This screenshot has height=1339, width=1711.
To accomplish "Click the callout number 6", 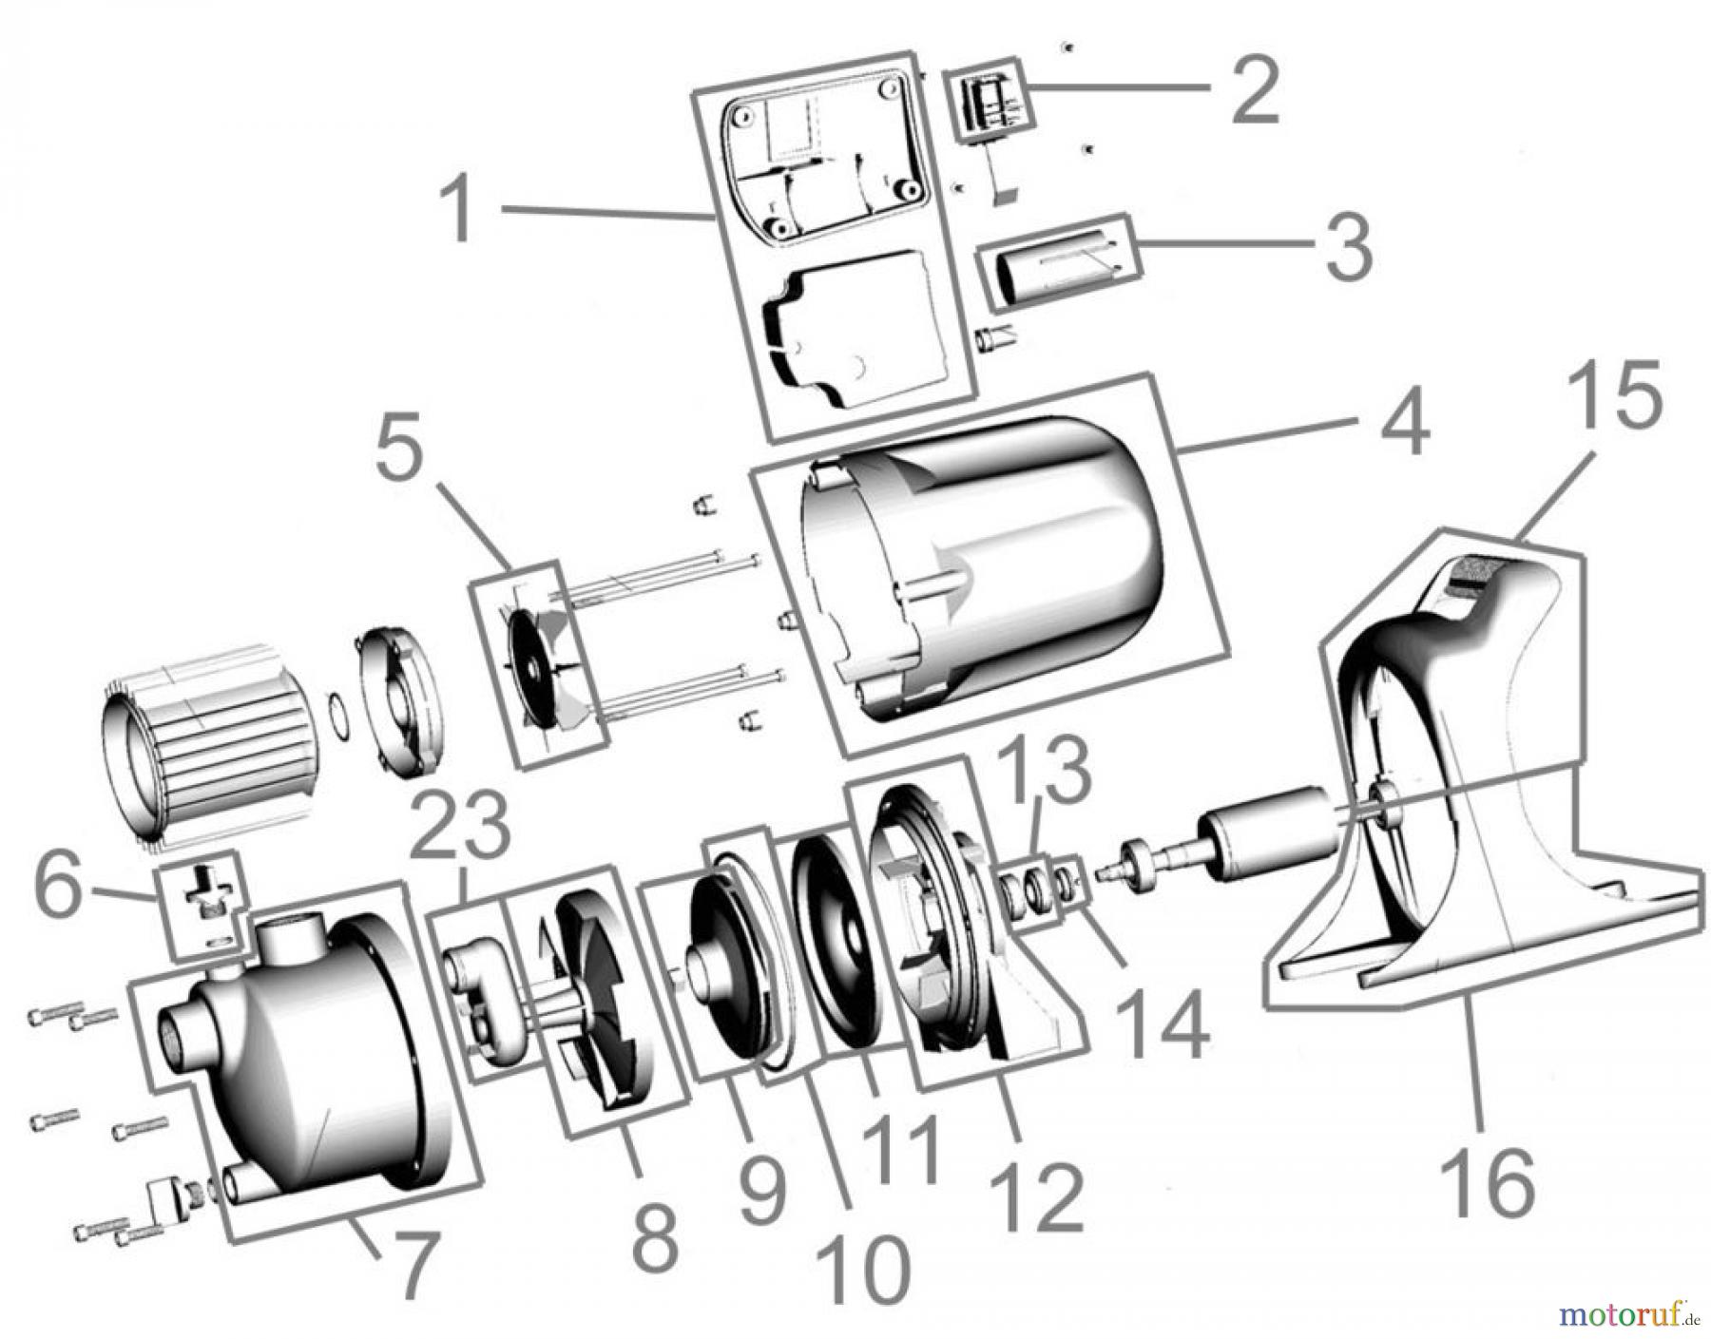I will pos(59,889).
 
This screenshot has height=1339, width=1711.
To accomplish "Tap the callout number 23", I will pos(463,825).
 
